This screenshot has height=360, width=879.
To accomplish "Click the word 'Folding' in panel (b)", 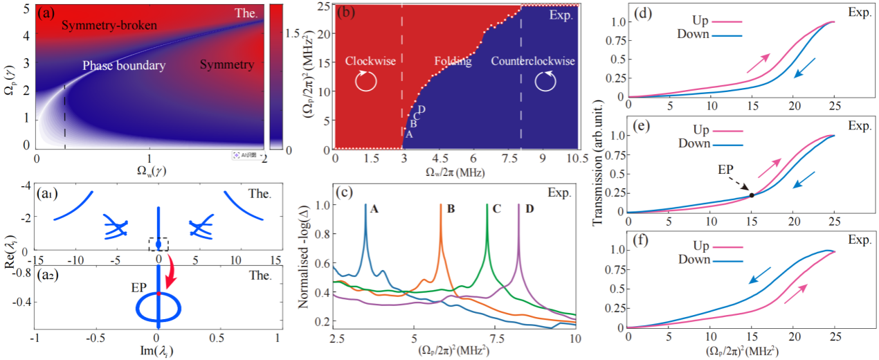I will [x=453, y=62].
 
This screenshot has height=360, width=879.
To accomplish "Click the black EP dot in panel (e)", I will [x=752, y=195].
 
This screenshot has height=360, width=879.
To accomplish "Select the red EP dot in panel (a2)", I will [x=158, y=294].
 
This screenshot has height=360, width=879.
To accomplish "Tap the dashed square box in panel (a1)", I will [x=158, y=244].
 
